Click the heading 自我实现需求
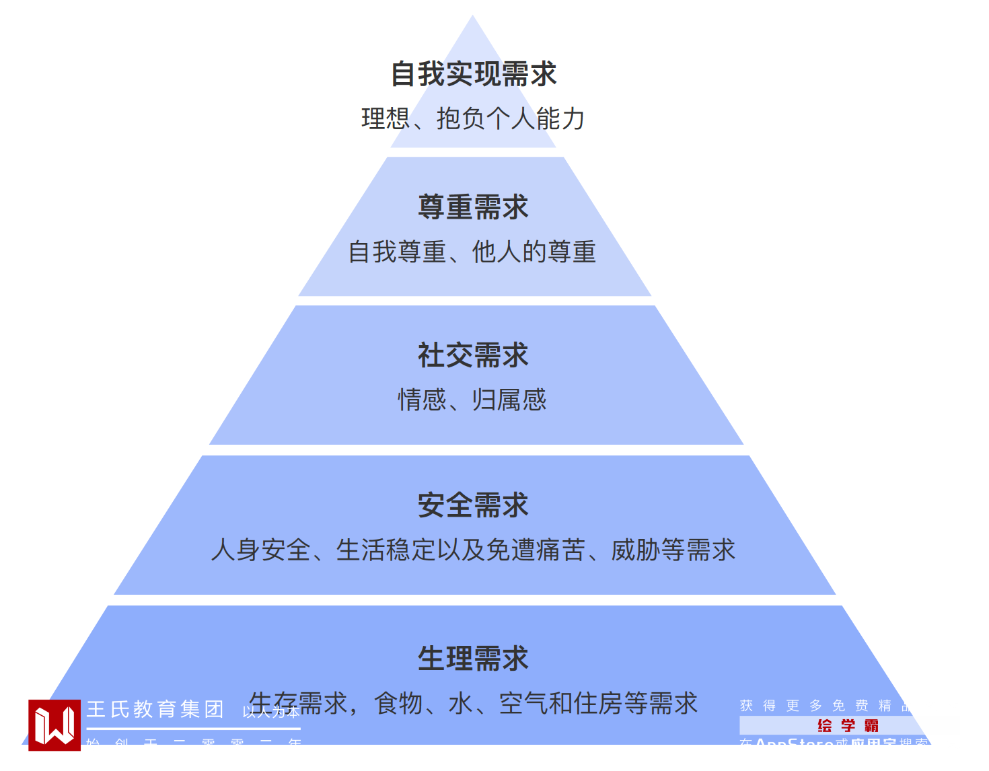[474, 74]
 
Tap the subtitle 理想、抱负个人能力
[473, 118]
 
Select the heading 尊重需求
[474, 207]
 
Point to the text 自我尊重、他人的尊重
[472, 252]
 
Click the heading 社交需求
[474, 355]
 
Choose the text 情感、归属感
[472, 400]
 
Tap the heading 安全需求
[474, 505]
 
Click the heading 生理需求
[474, 658]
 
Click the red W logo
[54, 725]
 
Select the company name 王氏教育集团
[155, 709]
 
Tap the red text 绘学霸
[848, 725]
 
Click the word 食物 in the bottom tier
[399, 704]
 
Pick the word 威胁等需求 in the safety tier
[673, 550]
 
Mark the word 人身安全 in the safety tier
[261, 550]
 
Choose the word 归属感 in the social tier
[509, 400]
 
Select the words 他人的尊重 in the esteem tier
[534, 252]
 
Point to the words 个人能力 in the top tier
[536, 118]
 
